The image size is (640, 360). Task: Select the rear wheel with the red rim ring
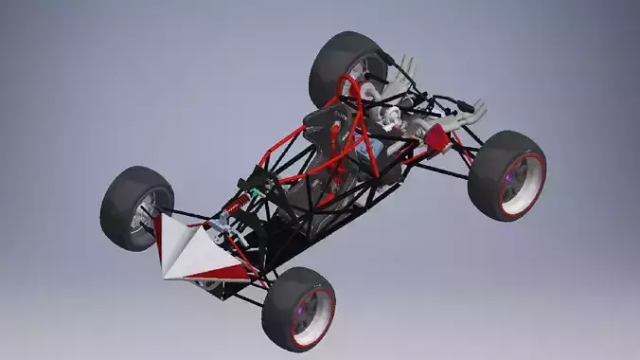click(507, 175)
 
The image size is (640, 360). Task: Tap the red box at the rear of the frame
click(436, 138)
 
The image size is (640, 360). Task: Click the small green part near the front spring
click(248, 190)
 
